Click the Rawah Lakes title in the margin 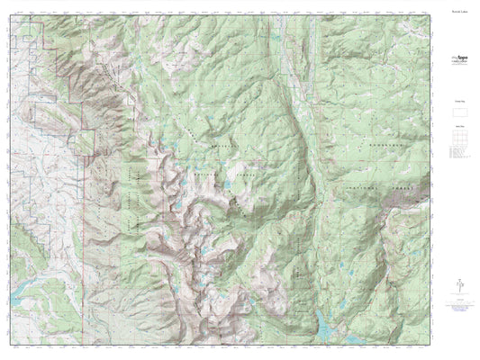[459, 13]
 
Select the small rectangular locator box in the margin [459, 117]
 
